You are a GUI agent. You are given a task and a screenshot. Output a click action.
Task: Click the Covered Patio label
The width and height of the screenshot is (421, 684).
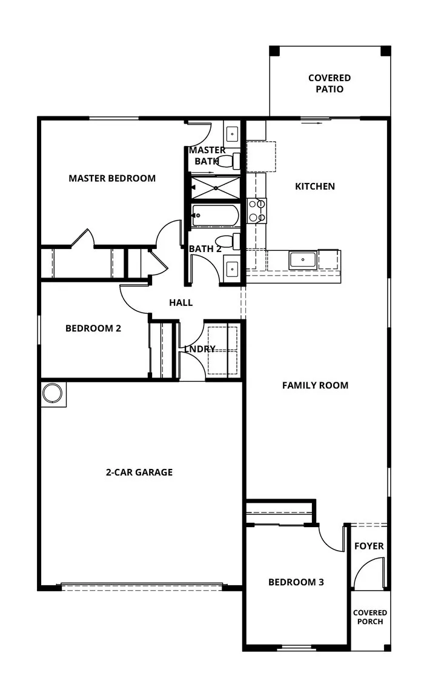click(329, 84)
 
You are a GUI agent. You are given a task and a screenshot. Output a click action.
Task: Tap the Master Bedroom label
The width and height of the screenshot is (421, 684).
click(112, 178)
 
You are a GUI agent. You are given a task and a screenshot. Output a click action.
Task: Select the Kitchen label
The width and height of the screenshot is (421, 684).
click(314, 186)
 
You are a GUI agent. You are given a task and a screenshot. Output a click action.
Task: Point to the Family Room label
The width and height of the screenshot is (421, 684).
click(315, 385)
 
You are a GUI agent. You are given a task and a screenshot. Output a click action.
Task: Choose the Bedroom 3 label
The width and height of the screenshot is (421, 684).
click(296, 582)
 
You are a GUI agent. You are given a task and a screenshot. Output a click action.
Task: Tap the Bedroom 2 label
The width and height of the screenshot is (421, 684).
click(93, 328)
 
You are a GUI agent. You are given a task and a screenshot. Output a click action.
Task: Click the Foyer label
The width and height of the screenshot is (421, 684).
click(369, 546)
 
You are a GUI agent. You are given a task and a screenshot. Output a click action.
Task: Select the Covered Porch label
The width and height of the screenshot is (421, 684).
click(370, 617)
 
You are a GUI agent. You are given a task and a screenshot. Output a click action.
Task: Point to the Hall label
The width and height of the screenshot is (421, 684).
click(181, 302)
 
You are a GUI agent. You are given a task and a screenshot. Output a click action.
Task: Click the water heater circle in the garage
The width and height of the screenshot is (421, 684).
click(53, 394)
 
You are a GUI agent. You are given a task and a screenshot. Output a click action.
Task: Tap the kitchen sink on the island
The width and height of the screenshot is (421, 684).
click(302, 260)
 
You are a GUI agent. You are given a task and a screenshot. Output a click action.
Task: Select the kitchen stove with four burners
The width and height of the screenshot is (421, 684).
click(257, 211)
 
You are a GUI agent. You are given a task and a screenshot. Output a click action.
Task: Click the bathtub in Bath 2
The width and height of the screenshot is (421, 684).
click(214, 215)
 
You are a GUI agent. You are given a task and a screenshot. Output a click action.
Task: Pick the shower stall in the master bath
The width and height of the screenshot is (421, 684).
click(215, 187)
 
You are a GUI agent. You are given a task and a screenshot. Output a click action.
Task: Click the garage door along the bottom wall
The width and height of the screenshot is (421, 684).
click(142, 586)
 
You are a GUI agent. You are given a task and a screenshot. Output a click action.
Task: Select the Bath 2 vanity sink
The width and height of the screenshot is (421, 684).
click(232, 267)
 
